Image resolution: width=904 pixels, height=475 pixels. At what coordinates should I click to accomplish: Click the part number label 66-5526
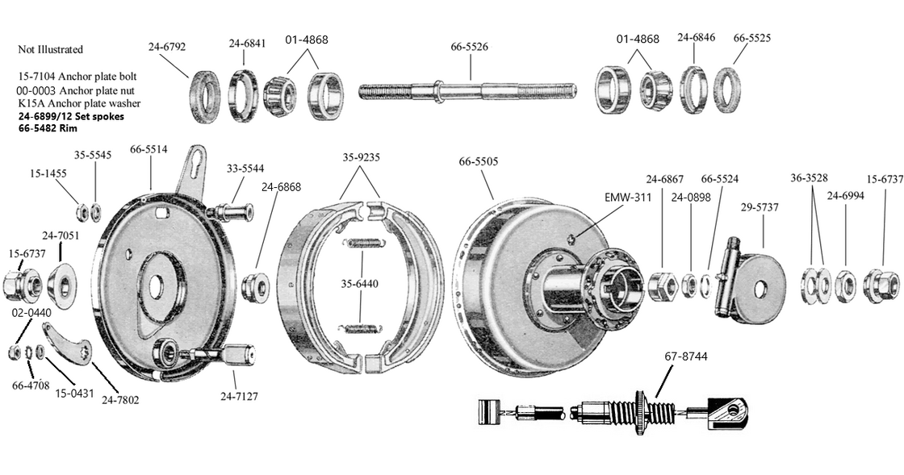click(469, 47)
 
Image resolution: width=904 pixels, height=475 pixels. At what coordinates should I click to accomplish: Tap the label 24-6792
click(167, 47)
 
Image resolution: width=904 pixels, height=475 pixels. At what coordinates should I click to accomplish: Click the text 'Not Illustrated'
click(50, 49)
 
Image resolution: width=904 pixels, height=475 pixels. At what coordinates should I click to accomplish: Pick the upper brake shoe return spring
click(361, 242)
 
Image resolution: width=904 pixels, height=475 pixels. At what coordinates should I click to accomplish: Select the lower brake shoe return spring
click(361, 327)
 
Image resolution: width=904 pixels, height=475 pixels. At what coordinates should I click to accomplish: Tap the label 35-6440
click(361, 284)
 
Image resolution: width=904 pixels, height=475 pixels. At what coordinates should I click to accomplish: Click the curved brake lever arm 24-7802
click(70, 345)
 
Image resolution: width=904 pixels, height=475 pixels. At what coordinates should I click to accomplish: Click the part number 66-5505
click(479, 161)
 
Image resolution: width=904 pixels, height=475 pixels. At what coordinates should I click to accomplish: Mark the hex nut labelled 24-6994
click(845, 284)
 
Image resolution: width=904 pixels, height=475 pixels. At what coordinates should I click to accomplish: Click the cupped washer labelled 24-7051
click(62, 281)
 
